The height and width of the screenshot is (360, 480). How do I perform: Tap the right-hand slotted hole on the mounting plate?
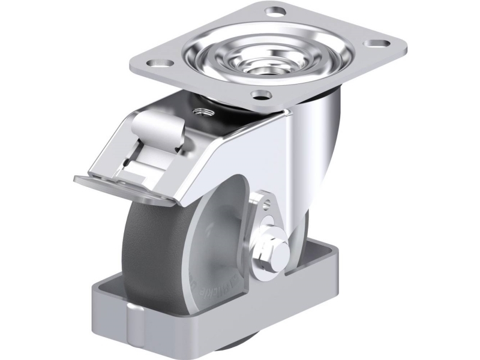[x=376, y=44]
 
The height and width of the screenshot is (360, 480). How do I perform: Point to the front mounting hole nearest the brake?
[x=261, y=94]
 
